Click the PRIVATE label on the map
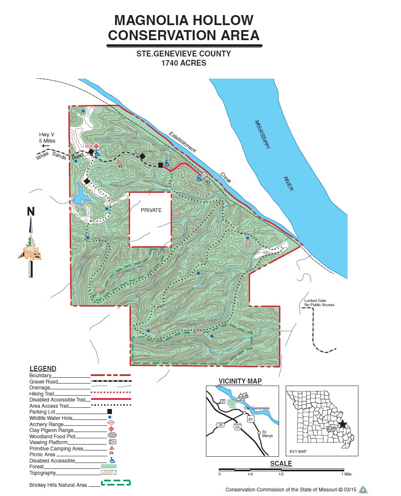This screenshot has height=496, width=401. tap(151, 210)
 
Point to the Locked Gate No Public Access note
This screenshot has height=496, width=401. tap(319, 302)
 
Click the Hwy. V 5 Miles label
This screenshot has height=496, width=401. tap(47, 138)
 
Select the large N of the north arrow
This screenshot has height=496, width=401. tap(31, 211)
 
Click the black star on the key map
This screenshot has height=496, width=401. tap(343, 424)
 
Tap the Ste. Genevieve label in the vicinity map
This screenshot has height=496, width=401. tap(256, 408)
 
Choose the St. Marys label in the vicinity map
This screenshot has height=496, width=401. tap(267, 434)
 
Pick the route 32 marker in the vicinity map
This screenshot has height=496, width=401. tap(220, 424)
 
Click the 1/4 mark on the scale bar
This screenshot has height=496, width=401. tap(250, 474)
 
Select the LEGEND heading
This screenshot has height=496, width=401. tap(43, 368)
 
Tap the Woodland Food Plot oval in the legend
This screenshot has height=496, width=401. tap(112, 436)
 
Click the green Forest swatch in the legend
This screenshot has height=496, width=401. tap(109, 466)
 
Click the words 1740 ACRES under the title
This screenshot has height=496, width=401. tap(184, 63)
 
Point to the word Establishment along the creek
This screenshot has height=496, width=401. tap(182, 142)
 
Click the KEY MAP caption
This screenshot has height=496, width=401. tap(298, 452)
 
